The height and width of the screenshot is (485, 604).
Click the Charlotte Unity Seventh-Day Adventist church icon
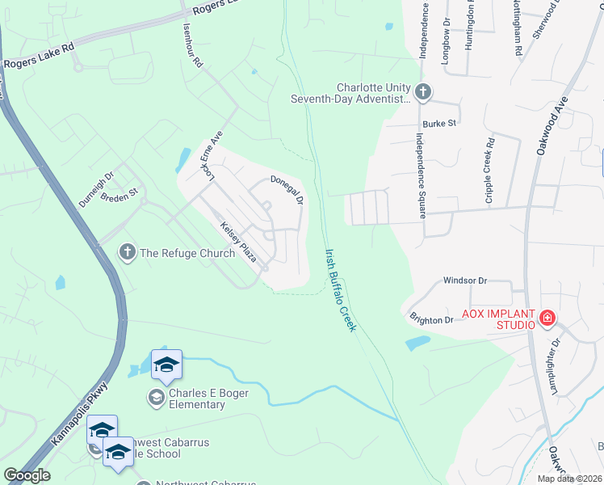pyautogui.click(x=422, y=92)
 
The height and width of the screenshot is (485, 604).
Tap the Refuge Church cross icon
pyautogui.click(x=127, y=253)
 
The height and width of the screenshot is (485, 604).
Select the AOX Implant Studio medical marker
pyautogui.click(x=547, y=319)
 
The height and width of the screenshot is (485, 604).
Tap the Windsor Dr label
pyautogui.click(x=465, y=280)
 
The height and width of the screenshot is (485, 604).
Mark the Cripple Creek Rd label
pyautogui.click(x=489, y=170)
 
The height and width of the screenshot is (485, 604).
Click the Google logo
pyautogui.click(x=27, y=475)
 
